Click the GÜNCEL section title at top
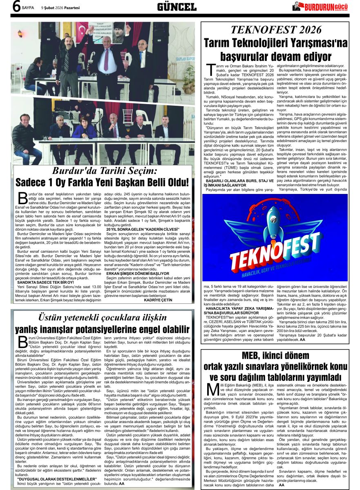pyautogui.click(x=177, y=7)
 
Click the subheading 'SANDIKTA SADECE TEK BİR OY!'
pyautogui.click(x=46, y=270)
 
